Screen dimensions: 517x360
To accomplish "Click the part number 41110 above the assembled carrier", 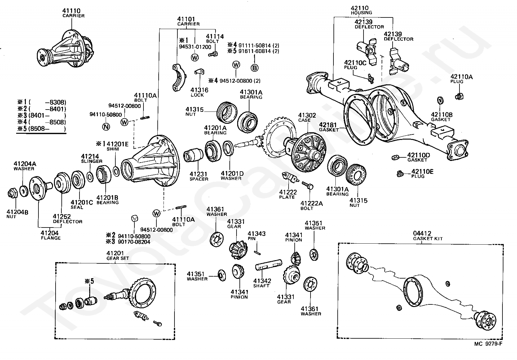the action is [x=71, y=11].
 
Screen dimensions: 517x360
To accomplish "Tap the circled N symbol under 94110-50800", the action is [x=106, y=127].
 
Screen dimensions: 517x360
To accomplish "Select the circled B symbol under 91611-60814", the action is [x=254, y=68].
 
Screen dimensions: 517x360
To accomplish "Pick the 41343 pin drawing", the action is [x=257, y=253].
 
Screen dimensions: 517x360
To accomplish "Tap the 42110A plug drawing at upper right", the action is [x=459, y=96].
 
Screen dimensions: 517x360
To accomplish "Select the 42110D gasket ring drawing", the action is [x=396, y=157].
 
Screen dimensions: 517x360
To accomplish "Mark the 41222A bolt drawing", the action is [x=307, y=185].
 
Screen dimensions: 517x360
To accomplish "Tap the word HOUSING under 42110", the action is [x=362, y=13].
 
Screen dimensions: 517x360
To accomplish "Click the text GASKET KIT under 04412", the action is [x=428, y=238].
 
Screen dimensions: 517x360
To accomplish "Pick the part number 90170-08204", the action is [x=134, y=242].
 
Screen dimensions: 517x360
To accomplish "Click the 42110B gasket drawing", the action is [x=440, y=101].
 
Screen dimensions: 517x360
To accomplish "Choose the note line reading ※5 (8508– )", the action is [x=42, y=129].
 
